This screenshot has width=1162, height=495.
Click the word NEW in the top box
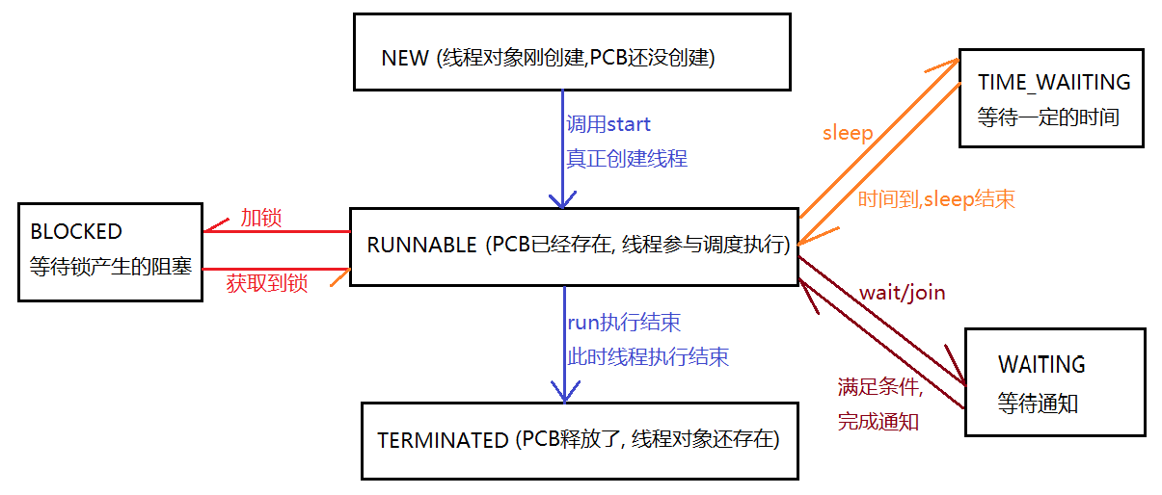coord(405,58)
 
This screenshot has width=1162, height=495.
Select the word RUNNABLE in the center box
coord(421,245)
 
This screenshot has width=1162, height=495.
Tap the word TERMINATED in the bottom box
coord(443,441)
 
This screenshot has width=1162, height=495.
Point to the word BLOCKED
coord(76,231)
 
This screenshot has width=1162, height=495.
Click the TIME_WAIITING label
coord(1053,83)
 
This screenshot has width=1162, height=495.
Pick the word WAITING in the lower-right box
coord(1041,365)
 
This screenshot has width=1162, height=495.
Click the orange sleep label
coord(848,133)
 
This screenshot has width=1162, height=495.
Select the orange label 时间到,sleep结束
coord(935,199)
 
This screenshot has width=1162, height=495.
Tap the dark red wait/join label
coord(902,292)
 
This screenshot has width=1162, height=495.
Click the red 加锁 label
coord(260,218)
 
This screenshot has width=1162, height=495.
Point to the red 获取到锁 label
coord(266,283)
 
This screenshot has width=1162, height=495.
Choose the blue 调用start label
coord(608,124)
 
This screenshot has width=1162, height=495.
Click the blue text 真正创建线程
coord(627,159)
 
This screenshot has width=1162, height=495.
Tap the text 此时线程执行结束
coord(648,356)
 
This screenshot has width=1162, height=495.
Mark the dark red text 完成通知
coord(878,421)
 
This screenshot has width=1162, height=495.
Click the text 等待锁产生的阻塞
coord(111,266)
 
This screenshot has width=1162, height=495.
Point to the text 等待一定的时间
coord(1047,117)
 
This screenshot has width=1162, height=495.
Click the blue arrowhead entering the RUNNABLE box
coord(562,199)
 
